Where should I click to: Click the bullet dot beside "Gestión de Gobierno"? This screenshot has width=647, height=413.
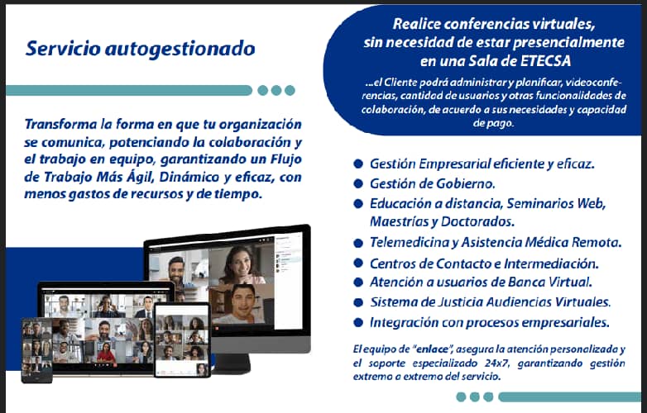click(357, 183)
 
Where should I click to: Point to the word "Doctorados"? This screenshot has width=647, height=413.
click(478, 221)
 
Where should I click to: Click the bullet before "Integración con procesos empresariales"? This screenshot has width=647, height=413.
click(357, 322)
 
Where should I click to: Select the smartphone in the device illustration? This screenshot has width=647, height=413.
click(37, 349)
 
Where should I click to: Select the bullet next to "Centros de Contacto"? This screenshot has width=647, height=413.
click(357, 263)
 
